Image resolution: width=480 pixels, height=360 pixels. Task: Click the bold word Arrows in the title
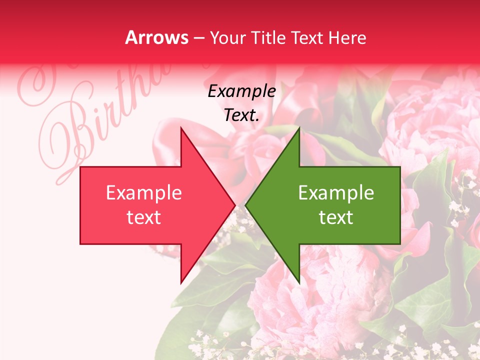point(157,38)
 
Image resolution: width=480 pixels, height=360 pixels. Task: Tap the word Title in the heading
point(269,38)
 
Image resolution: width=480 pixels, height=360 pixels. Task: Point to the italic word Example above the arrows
point(242,91)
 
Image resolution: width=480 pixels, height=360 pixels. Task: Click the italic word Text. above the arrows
point(242,115)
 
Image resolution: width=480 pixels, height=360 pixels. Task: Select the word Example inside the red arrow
point(144,193)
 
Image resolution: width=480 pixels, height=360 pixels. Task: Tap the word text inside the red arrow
point(144,217)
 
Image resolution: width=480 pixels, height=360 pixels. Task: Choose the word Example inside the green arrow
point(336,193)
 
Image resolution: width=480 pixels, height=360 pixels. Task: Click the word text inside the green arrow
point(336,217)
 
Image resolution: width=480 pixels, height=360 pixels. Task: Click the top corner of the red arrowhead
point(181,128)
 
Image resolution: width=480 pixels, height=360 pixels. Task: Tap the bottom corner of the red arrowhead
point(181,282)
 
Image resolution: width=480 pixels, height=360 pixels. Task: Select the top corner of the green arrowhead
point(299,128)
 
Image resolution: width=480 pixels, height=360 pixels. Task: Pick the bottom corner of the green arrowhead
point(299,282)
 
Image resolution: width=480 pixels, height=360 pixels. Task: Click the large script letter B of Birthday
point(75,135)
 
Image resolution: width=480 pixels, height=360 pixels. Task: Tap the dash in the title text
point(198,38)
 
